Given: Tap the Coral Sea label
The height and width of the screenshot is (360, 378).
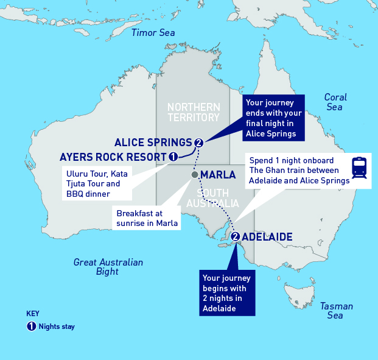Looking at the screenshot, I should tap(335, 102).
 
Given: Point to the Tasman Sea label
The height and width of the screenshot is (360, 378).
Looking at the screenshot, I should tap(334, 311).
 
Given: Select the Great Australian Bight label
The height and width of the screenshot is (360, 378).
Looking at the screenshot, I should tap(108, 267).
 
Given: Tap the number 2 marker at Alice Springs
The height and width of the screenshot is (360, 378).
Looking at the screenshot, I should tap(198, 143).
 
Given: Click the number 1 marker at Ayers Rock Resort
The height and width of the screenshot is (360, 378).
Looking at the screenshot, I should tap(173, 157).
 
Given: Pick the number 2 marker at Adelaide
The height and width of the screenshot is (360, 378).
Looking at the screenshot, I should tap(235, 236).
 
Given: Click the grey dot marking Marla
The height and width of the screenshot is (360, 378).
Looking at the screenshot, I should tap(194, 175).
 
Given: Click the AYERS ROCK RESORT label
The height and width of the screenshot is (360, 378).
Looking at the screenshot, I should tap(113, 157).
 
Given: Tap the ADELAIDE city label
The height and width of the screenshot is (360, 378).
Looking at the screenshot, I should tap(267, 236).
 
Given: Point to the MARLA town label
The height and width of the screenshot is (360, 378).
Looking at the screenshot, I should tap(218, 175).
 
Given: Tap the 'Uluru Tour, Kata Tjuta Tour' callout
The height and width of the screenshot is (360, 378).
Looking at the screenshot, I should tap(97, 183).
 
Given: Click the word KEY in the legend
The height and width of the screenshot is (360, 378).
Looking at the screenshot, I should tap(33, 314).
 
